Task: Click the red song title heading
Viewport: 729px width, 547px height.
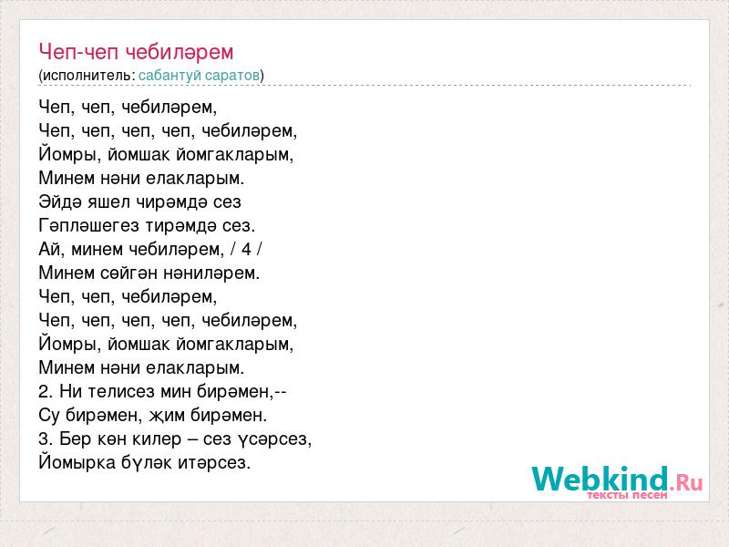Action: (x=136, y=52)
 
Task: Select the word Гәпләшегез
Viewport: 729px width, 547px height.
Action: (x=88, y=225)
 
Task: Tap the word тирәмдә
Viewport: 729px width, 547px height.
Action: (x=180, y=225)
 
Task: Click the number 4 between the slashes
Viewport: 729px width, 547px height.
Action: (x=246, y=249)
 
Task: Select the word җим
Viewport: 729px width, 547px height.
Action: (x=168, y=416)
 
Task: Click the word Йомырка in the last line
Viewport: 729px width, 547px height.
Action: (x=77, y=463)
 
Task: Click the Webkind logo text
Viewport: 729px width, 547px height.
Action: (x=617, y=480)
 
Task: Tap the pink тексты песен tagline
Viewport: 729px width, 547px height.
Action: (x=627, y=495)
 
